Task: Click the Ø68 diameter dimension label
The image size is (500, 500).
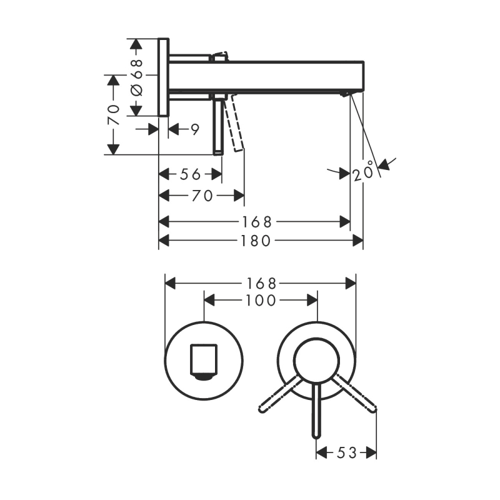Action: [136, 77]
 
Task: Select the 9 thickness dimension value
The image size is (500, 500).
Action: [195, 129]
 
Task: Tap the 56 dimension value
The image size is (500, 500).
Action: [190, 174]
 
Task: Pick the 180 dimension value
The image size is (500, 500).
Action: [256, 241]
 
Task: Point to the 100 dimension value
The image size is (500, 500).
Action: [261, 301]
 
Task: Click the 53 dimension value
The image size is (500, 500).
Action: [346, 452]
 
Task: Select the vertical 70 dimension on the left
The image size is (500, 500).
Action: [114, 115]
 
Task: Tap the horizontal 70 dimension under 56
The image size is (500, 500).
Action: [202, 196]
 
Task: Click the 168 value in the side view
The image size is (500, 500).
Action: [257, 222]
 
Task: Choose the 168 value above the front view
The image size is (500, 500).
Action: [261, 283]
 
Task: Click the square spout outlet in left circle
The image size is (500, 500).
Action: [204, 361]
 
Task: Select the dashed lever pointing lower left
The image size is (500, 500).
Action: [279, 394]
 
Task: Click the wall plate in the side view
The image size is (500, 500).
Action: [164, 77]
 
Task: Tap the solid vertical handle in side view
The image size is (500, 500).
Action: [217, 127]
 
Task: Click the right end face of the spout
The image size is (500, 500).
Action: [364, 76]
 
